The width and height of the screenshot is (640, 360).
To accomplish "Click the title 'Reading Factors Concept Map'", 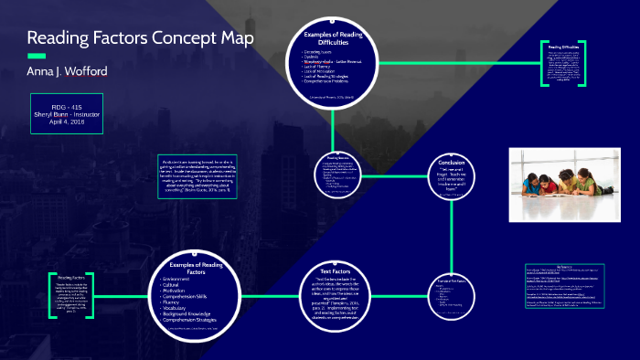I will point(140,39).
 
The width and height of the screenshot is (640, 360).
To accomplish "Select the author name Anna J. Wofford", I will point(69,70).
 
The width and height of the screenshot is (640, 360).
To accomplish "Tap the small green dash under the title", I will point(36,56).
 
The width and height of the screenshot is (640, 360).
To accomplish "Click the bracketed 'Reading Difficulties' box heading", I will point(562,45).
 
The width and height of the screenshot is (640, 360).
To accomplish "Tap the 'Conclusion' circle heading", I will point(452,161).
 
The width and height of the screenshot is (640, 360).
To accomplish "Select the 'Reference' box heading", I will point(564,268).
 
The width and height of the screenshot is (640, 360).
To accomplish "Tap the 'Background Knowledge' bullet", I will point(192,313).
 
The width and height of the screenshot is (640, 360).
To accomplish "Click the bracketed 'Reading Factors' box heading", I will point(71,277).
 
